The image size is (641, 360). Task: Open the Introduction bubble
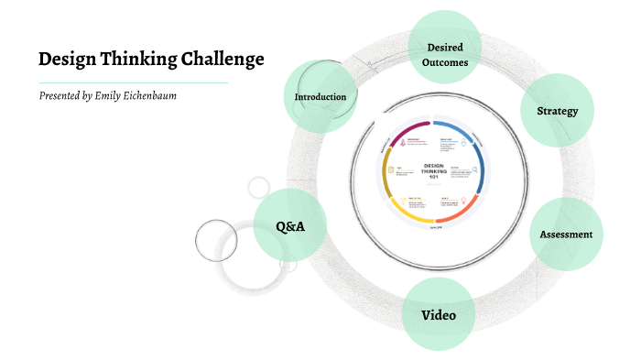(x=320, y=96)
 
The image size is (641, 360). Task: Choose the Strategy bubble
(x=557, y=112)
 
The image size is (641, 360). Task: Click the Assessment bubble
(x=566, y=234)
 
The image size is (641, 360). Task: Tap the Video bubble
(x=438, y=316)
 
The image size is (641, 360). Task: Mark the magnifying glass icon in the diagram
(x=475, y=169)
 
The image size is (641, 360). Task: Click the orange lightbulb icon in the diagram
(x=465, y=199)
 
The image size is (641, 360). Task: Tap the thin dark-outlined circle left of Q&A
(x=216, y=240)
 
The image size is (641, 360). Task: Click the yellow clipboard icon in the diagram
(x=390, y=169)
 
